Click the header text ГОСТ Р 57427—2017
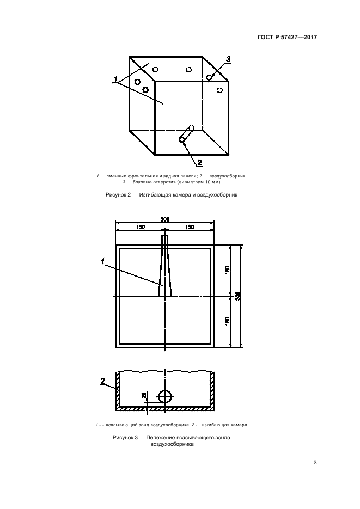[287, 37]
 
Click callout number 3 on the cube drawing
[228, 59]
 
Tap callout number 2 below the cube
[200, 162]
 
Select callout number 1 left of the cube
[115, 79]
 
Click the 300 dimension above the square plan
[165, 219]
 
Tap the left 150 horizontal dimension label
[141, 227]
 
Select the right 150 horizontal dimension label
[190, 227]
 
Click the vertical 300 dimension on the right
[237, 296]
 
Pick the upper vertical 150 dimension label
[227, 270]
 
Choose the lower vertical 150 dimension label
[227, 321]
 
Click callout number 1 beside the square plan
[102, 261]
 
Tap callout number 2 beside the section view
[103, 381]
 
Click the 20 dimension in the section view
[143, 395]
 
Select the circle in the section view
[165, 396]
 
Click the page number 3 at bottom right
[315, 463]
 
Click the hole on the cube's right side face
[220, 90]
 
